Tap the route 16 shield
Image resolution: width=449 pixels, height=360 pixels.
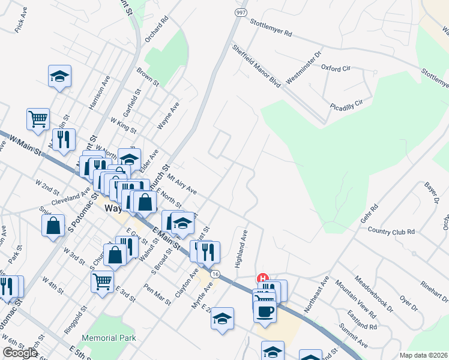pos(214,274)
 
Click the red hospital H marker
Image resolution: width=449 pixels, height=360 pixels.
pos(262,278)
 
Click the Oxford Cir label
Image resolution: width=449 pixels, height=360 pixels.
pos(336,68)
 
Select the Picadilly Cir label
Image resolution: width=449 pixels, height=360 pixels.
pos(347,105)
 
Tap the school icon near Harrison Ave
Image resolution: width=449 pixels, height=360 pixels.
pos(59,76)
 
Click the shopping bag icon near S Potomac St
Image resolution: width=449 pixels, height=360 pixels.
pos(53,226)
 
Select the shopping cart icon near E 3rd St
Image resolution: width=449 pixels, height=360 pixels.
pos(103,280)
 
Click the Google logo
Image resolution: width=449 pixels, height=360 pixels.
pos(20,353)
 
